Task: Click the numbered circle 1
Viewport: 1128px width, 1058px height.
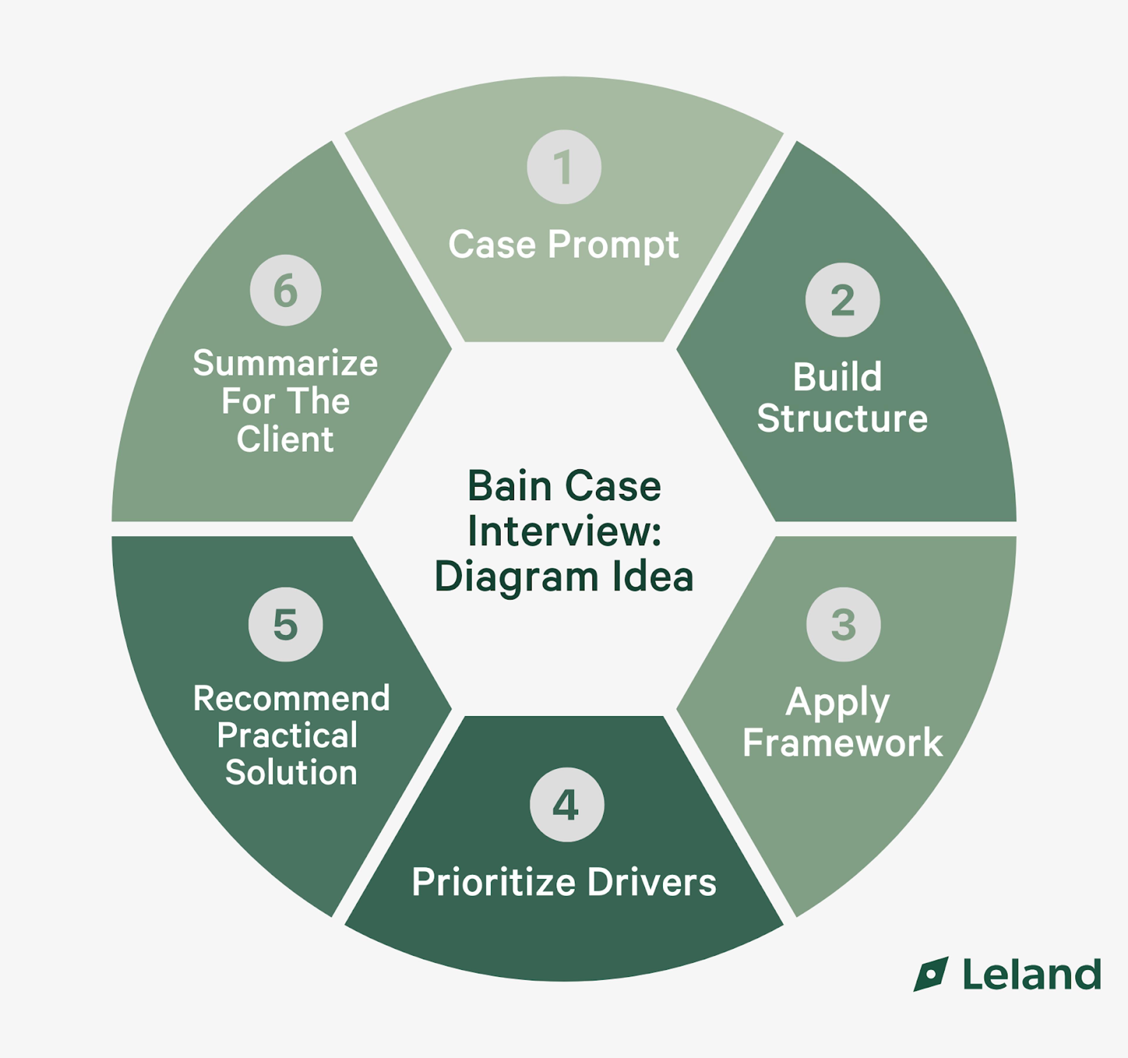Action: (x=564, y=167)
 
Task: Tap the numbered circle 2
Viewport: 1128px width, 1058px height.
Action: (x=842, y=300)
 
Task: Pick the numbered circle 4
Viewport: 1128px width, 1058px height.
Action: (x=567, y=804)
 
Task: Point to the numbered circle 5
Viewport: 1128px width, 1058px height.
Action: (x=286, y=624)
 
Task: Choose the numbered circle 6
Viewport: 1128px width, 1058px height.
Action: (x=286, y=290)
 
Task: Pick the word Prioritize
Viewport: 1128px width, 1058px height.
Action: (x=493, y=883)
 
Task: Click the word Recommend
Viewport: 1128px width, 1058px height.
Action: (x=291, y=698)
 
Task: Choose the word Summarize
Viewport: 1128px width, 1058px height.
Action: (x=286, y=363)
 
